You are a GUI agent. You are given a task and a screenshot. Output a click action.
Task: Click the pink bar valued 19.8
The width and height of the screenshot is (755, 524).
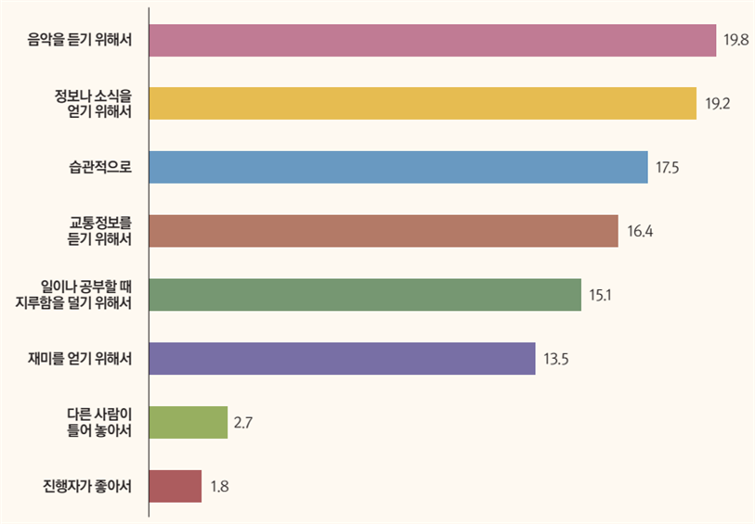click(433, 41)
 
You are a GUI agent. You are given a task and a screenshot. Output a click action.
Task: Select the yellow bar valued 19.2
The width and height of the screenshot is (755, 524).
click(423, 103)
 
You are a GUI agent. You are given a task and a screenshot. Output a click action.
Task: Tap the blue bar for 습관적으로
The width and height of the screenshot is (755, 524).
click(398, 167)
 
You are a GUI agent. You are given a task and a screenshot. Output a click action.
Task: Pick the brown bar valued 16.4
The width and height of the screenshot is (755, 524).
click(384, 231)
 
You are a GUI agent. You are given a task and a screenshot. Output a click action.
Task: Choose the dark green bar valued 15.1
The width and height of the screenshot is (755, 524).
click(365, 295)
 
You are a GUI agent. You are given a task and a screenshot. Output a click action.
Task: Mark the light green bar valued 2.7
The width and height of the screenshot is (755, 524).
click(189, 422)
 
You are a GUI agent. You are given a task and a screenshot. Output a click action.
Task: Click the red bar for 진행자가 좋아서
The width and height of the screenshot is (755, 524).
click(176, 486)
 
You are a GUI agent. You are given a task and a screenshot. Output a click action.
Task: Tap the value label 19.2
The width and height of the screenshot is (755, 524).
click(718, 103)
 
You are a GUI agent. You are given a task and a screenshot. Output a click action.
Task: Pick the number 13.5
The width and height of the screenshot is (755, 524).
click(556, 359)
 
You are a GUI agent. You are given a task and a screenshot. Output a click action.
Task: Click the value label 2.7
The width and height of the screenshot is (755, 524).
click(244, 423)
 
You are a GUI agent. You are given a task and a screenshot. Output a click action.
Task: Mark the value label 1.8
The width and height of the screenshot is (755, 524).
click(218, 486)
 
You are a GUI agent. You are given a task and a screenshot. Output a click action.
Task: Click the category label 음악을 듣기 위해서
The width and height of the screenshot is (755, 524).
click(81, 41)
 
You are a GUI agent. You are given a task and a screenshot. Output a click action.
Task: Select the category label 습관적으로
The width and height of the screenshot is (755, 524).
click(100, 168)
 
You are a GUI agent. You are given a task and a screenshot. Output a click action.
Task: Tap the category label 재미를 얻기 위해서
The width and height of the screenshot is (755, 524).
click(80, 359)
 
